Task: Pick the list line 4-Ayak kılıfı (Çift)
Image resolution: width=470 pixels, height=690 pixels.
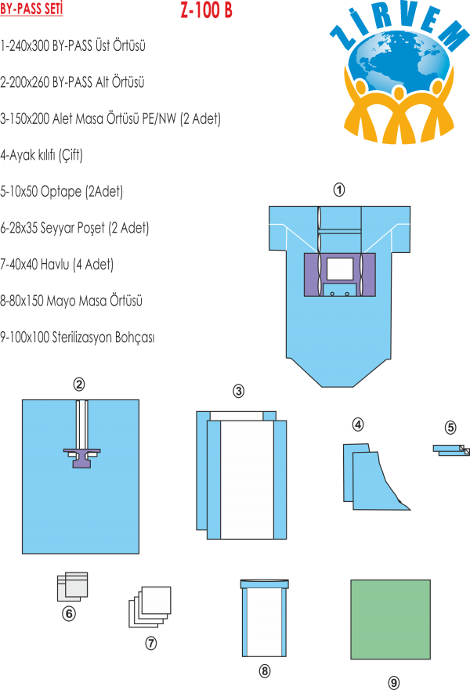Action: pyautogui.click(x=42, y=155)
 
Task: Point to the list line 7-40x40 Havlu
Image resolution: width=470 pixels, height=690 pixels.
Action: pyautogui.click(x=57, y=265)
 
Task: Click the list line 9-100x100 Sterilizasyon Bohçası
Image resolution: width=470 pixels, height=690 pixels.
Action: pyautogui.click(x=78, y=338)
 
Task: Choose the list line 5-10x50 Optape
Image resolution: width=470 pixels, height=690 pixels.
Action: pyautogui.click(x=62, y=192)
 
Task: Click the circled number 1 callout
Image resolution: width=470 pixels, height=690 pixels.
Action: pyautogui.click(x=339, y=190)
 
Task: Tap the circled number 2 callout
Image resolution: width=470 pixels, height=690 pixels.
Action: pyautogui.click(x=78, y=384)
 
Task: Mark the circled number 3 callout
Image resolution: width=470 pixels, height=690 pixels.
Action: pyautogui.click(x=239, y=391)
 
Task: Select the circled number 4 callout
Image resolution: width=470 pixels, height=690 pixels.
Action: pyautogui.click(x=358, y=425)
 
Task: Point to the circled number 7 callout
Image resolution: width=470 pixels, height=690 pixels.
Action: pyautogui.click(x=151, y=643)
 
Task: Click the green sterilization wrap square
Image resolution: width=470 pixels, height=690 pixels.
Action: pyautogui.click(x=390, y=619)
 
